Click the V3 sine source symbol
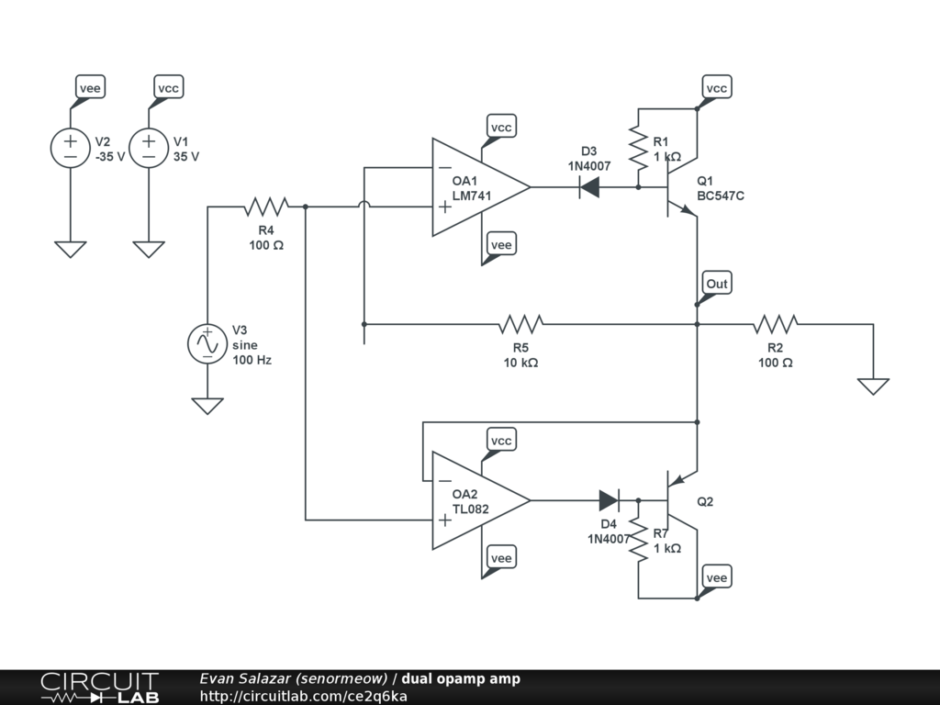pos(207,343)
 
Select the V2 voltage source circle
pos(70,148)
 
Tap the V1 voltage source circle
pos(149,148)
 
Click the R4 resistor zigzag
pos(266,207)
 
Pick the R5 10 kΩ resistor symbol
pos(521,324)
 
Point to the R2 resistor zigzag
pos(775,324)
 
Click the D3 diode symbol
pos(589,187)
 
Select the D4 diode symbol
pos(610,500)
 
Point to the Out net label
pos(716,284)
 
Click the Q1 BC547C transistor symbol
pos(682,187)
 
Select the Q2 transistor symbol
pos(682,500)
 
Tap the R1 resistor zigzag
pos(639,148)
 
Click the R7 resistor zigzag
pos(639,540)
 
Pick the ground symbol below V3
pos(207,406)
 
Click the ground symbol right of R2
pos(874,386)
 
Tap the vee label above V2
pos(90,88)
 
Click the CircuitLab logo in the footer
pos(100,688)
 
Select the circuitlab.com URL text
pos(303,696)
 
